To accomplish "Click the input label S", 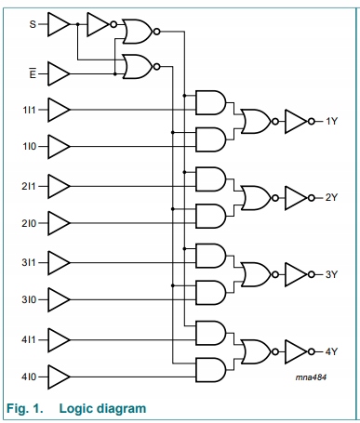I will (32, 23).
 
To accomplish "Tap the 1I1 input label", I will (29, 109).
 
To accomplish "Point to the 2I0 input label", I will (29, 223).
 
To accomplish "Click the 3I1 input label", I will (29, 261).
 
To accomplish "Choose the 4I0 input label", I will (29, 376).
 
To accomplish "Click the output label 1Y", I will (330, 121).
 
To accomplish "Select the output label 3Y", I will (330, 273).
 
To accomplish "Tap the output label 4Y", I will (330, 350).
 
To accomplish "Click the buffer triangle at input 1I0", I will (59, 147).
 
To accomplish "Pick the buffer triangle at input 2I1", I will (59, 185).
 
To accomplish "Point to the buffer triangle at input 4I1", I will (59, 337).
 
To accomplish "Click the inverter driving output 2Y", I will (295, 197).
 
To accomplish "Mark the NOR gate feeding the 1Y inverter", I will (254, 121).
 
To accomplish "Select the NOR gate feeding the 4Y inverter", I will (254, 350).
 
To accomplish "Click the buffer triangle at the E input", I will (59, 71).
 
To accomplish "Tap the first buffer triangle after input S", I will (59, 23).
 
